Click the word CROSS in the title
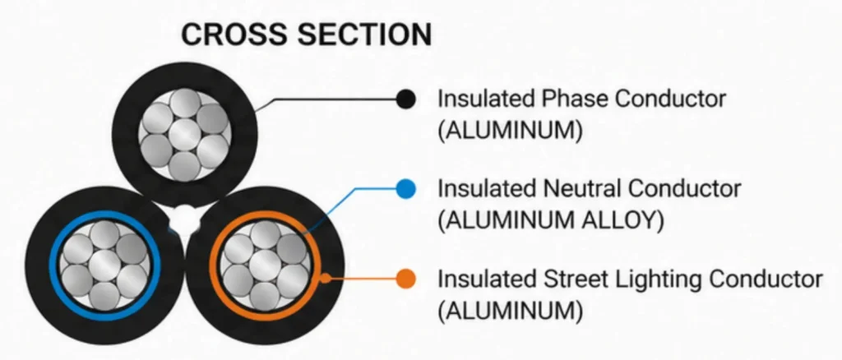coord(234,34)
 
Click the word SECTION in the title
coord(364,34)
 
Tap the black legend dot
coord(406,99)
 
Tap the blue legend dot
coord(406,189)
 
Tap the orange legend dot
coord(406,279)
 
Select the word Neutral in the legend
coord(581,188)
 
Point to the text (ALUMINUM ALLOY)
coord(551,220)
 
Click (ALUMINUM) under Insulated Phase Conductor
coord(510,131)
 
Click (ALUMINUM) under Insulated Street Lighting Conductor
coord(510,312)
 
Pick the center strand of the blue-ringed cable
coord(104,265)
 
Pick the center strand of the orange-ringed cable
coord(266,265)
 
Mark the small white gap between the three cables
coord(183,218)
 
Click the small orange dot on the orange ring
coord(325,279)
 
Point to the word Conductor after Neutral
coord(684,188)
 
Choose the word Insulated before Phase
coord(487,99)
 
